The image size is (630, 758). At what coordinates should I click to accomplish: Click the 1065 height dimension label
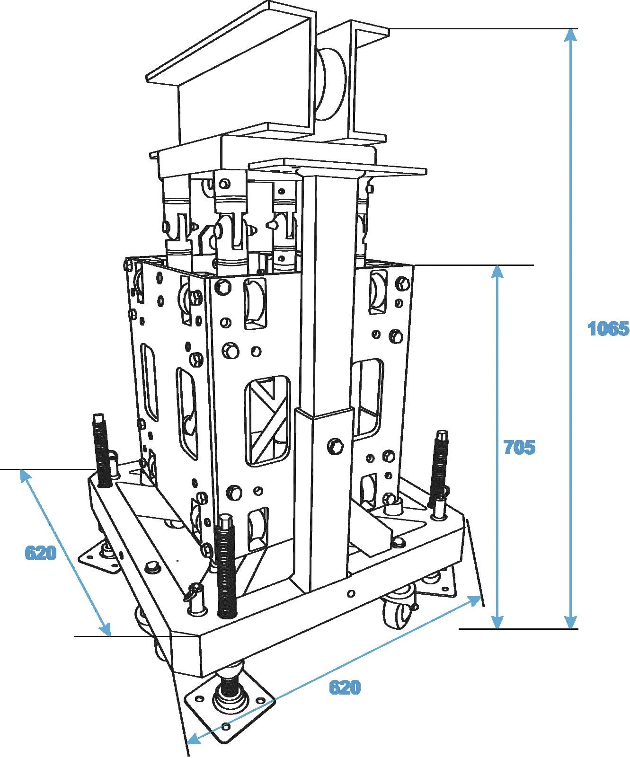[608, 328]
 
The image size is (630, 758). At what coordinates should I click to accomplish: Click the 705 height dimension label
[519, 447]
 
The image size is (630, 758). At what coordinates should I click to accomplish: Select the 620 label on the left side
[41, 553]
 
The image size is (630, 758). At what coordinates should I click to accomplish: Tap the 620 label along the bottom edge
[345, 687]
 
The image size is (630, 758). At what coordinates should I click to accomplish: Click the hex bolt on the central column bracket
[335, 447]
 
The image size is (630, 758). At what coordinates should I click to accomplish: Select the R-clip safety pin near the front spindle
[194, 591]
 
